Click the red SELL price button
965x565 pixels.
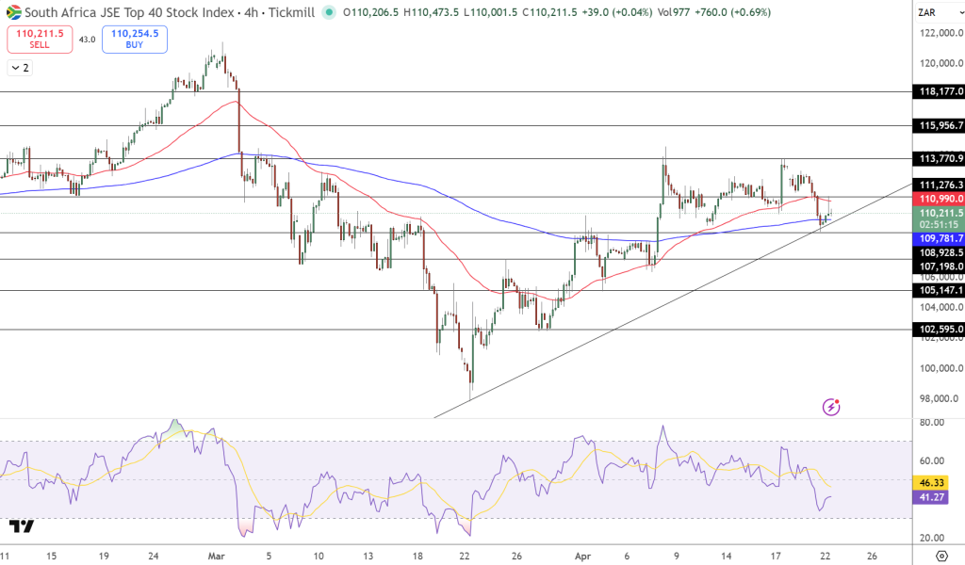tap(40, 39)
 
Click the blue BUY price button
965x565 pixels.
tap(135, 39)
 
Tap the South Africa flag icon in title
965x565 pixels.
tap(14, 11)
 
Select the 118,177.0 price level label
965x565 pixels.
tap(940, 91)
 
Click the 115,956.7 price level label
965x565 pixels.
tap(940, 125)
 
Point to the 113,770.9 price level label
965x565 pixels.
tap(940, 158)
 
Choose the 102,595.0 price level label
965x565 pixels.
tap(940, 329)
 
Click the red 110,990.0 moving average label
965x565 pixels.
tap(940, 199)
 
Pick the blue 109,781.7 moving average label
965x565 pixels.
tap(940, 239)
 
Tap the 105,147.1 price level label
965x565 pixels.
tap(940, 290)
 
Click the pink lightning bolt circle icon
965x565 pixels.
tap(831, 407)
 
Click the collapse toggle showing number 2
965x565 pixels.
tap(20, 68)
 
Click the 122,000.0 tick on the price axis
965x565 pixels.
tap(939, 33)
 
